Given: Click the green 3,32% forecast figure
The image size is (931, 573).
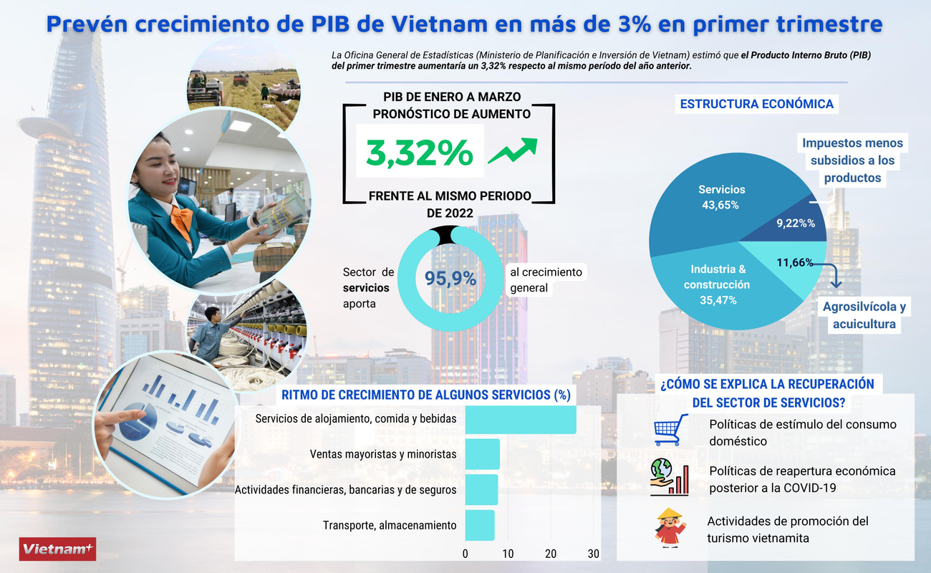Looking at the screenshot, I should (420, 152).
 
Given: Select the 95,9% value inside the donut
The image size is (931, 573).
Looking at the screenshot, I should (450, 279).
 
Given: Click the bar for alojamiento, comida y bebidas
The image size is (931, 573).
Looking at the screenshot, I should (521, 419).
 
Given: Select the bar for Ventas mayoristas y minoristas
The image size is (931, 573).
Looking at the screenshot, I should (482, 454).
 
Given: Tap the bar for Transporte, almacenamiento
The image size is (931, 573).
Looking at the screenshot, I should (479, 525).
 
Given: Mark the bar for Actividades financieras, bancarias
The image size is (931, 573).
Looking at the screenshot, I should (481, 490).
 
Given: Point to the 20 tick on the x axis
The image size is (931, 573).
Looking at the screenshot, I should (551, 554).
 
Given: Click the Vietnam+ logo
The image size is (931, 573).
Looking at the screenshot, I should (57, 549).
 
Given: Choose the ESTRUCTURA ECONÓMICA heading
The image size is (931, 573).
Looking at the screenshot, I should (756, 105).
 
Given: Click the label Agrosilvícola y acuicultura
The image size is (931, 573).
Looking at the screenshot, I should (864, 315).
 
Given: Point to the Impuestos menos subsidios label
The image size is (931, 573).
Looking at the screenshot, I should (852, 160).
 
